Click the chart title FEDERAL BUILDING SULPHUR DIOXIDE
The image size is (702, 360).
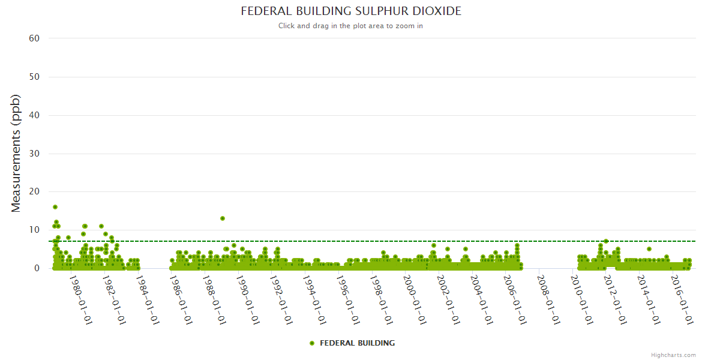click(x=351, y=11)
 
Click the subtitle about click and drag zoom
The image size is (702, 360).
click(x=351, y=26)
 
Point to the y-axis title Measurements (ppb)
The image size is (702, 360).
click(x=16, y=153)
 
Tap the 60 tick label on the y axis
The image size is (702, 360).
click(x=34, y=38)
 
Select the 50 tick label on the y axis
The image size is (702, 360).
click(x=34, y=77)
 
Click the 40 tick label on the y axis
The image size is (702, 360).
click(x=34, y=115)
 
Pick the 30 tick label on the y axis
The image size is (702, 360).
click(x=34, y=154)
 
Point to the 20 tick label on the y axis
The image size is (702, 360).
click(x=34, y=191)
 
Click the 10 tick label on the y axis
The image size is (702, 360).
click(x=34, y=230)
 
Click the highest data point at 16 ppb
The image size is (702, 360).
click(x=55, y=207)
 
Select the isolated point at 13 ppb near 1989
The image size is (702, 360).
click(x=223, y=218)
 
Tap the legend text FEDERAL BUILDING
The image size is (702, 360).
click(x=358, y=343)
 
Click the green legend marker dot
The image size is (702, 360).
click(x=312, y=343)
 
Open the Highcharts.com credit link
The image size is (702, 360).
click(x=673, y=355)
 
